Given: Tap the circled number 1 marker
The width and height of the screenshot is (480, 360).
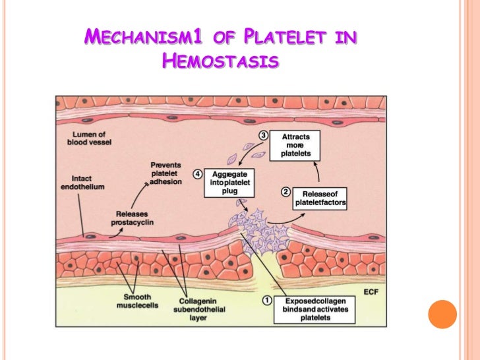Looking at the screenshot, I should click(268, 299).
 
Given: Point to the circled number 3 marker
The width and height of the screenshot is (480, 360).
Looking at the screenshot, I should click(263, 135).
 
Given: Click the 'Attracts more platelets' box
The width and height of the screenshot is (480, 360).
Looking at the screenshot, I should click(296, 146).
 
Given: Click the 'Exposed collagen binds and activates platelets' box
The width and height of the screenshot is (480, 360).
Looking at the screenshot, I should click(317, 308).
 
